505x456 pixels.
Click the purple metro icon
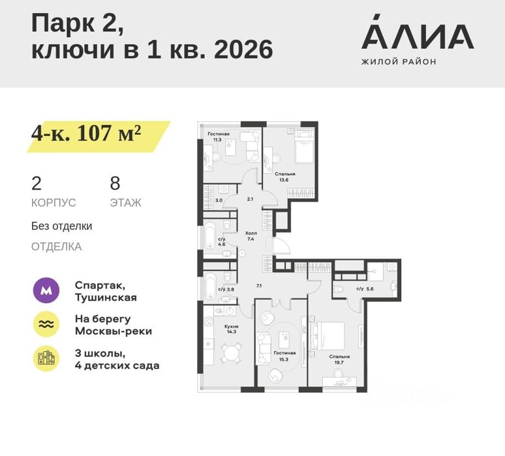tap(46, 291)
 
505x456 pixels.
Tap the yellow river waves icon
tap(46, 324)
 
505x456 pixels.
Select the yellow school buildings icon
tap(46, 358)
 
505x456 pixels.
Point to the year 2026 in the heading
tap(243, 50)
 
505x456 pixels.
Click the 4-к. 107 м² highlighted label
tap(86, 133)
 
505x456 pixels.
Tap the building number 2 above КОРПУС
tap(37, 183)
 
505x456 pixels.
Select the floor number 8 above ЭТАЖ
tap(115, 183)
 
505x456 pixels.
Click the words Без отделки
tap(61, 226)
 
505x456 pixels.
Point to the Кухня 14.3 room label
tap(231, 329)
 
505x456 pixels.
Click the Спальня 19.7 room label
tap(339, 359)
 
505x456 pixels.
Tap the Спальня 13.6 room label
tap(284, 177)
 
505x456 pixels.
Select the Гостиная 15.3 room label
tap(284, 356)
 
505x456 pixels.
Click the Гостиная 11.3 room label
tap(219, 137)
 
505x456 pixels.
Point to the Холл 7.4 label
tap(251, 236)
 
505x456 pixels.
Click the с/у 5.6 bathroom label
tap(365, 289)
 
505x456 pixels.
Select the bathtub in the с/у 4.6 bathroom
tap(209, 236)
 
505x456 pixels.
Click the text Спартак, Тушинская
tap(106, 291)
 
